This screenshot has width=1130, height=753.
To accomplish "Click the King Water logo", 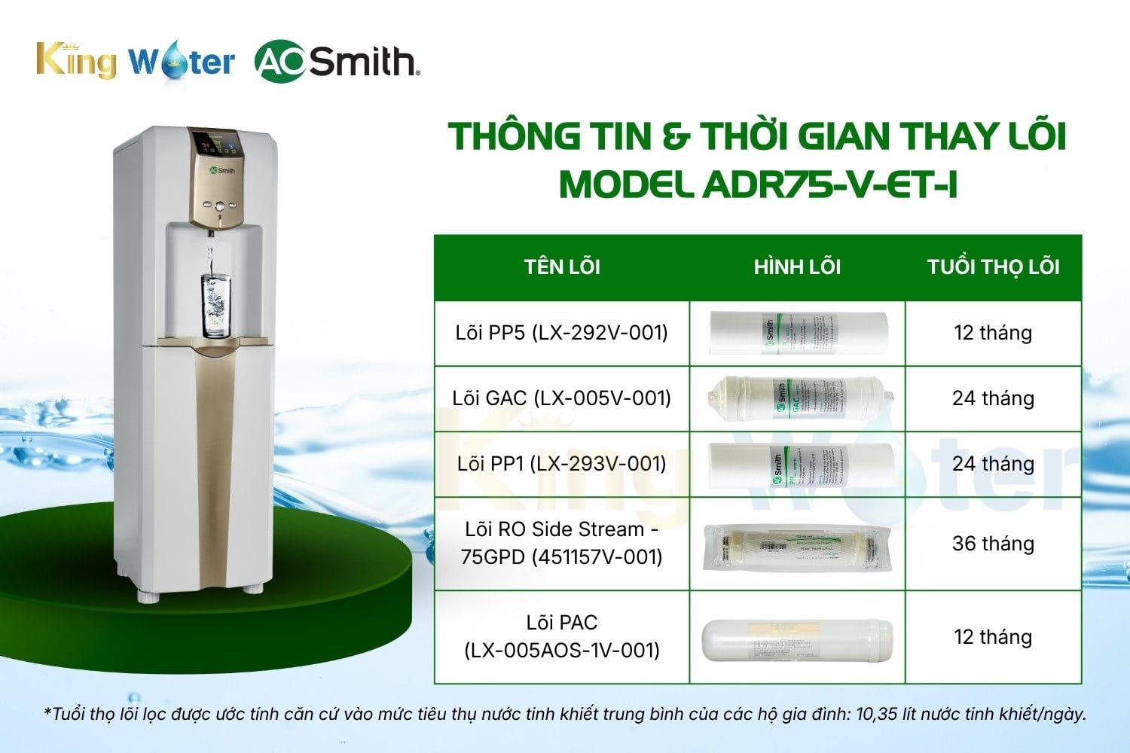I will [x=136, y=60].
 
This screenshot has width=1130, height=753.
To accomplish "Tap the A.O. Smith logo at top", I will [x=336, y=61].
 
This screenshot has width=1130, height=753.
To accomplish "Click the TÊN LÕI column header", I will [x=562, y=267].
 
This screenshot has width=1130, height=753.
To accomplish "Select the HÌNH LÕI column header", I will [x=797, y=267].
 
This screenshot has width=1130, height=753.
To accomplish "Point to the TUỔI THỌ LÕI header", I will [x=993, y=267].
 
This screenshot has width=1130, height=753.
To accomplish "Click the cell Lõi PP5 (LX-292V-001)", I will [x=562, y=333].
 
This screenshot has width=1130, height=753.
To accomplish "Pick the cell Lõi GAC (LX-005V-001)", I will [x=562, y=398].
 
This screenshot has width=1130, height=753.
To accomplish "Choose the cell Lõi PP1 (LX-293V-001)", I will [x=562, y=464].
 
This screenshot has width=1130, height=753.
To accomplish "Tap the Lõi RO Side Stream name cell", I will [x=562, y=543].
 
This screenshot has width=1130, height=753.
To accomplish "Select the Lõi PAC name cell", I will [x=562, y=636].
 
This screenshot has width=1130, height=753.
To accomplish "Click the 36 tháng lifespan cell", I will [x=993, y=543].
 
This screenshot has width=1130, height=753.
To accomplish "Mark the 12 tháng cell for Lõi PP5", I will [x=993, y=333].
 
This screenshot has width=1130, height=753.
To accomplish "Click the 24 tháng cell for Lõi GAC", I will [x=993, y=398].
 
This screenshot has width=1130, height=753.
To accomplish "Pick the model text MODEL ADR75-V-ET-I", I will [x=757, y=183].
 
